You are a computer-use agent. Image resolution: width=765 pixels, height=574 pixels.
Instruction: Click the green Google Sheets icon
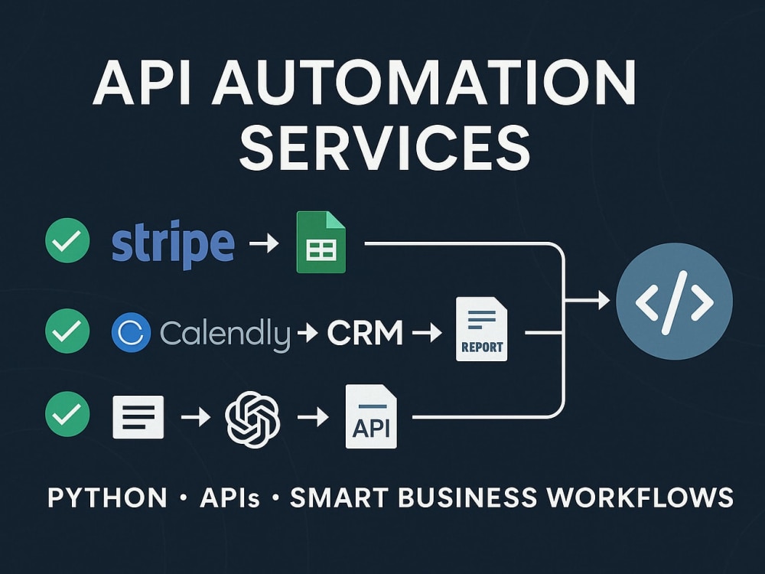pyautogui.click(x=321, y=242)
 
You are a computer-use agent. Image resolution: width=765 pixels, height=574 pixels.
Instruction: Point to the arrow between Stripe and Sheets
pyautogui.click(x=263, y=243)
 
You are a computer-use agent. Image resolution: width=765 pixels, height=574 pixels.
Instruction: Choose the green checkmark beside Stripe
pyautogui.click(x=67, y=240)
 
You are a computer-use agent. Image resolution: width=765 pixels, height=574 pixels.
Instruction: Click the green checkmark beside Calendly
pyautogui.click(x=67, y=331)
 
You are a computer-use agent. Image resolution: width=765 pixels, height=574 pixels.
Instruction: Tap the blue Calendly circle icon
pyautogui.click(x=131, y=333)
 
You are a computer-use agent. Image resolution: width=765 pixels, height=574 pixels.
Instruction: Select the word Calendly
pyautogui.click(x=225, y=334)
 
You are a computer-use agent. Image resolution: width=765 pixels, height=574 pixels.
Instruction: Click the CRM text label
pyautogui.click(x=365, y=333)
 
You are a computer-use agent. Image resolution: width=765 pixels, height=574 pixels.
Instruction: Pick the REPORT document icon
pyautogui.click(x=481, y=329)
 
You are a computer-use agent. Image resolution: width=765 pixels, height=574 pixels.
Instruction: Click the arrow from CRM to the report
pyautogui.click(x=427, y=334)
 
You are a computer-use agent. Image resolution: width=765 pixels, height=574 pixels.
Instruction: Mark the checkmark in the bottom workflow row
pyautogui.click(x=67, y=414)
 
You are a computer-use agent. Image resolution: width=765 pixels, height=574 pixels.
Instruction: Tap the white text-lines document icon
pyautogui.click(x=138, y=417)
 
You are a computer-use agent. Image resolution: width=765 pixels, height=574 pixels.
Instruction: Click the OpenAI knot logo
pyautogui.click(x=252, y=419)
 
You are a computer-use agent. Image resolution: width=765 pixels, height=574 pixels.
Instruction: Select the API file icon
pyautogui.click(x=371, y=417)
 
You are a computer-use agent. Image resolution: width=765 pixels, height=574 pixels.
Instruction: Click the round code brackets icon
pyautogui.click(x=674, y=302)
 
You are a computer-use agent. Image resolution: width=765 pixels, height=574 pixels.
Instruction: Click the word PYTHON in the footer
pyautogui.click(x=108, y=498)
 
